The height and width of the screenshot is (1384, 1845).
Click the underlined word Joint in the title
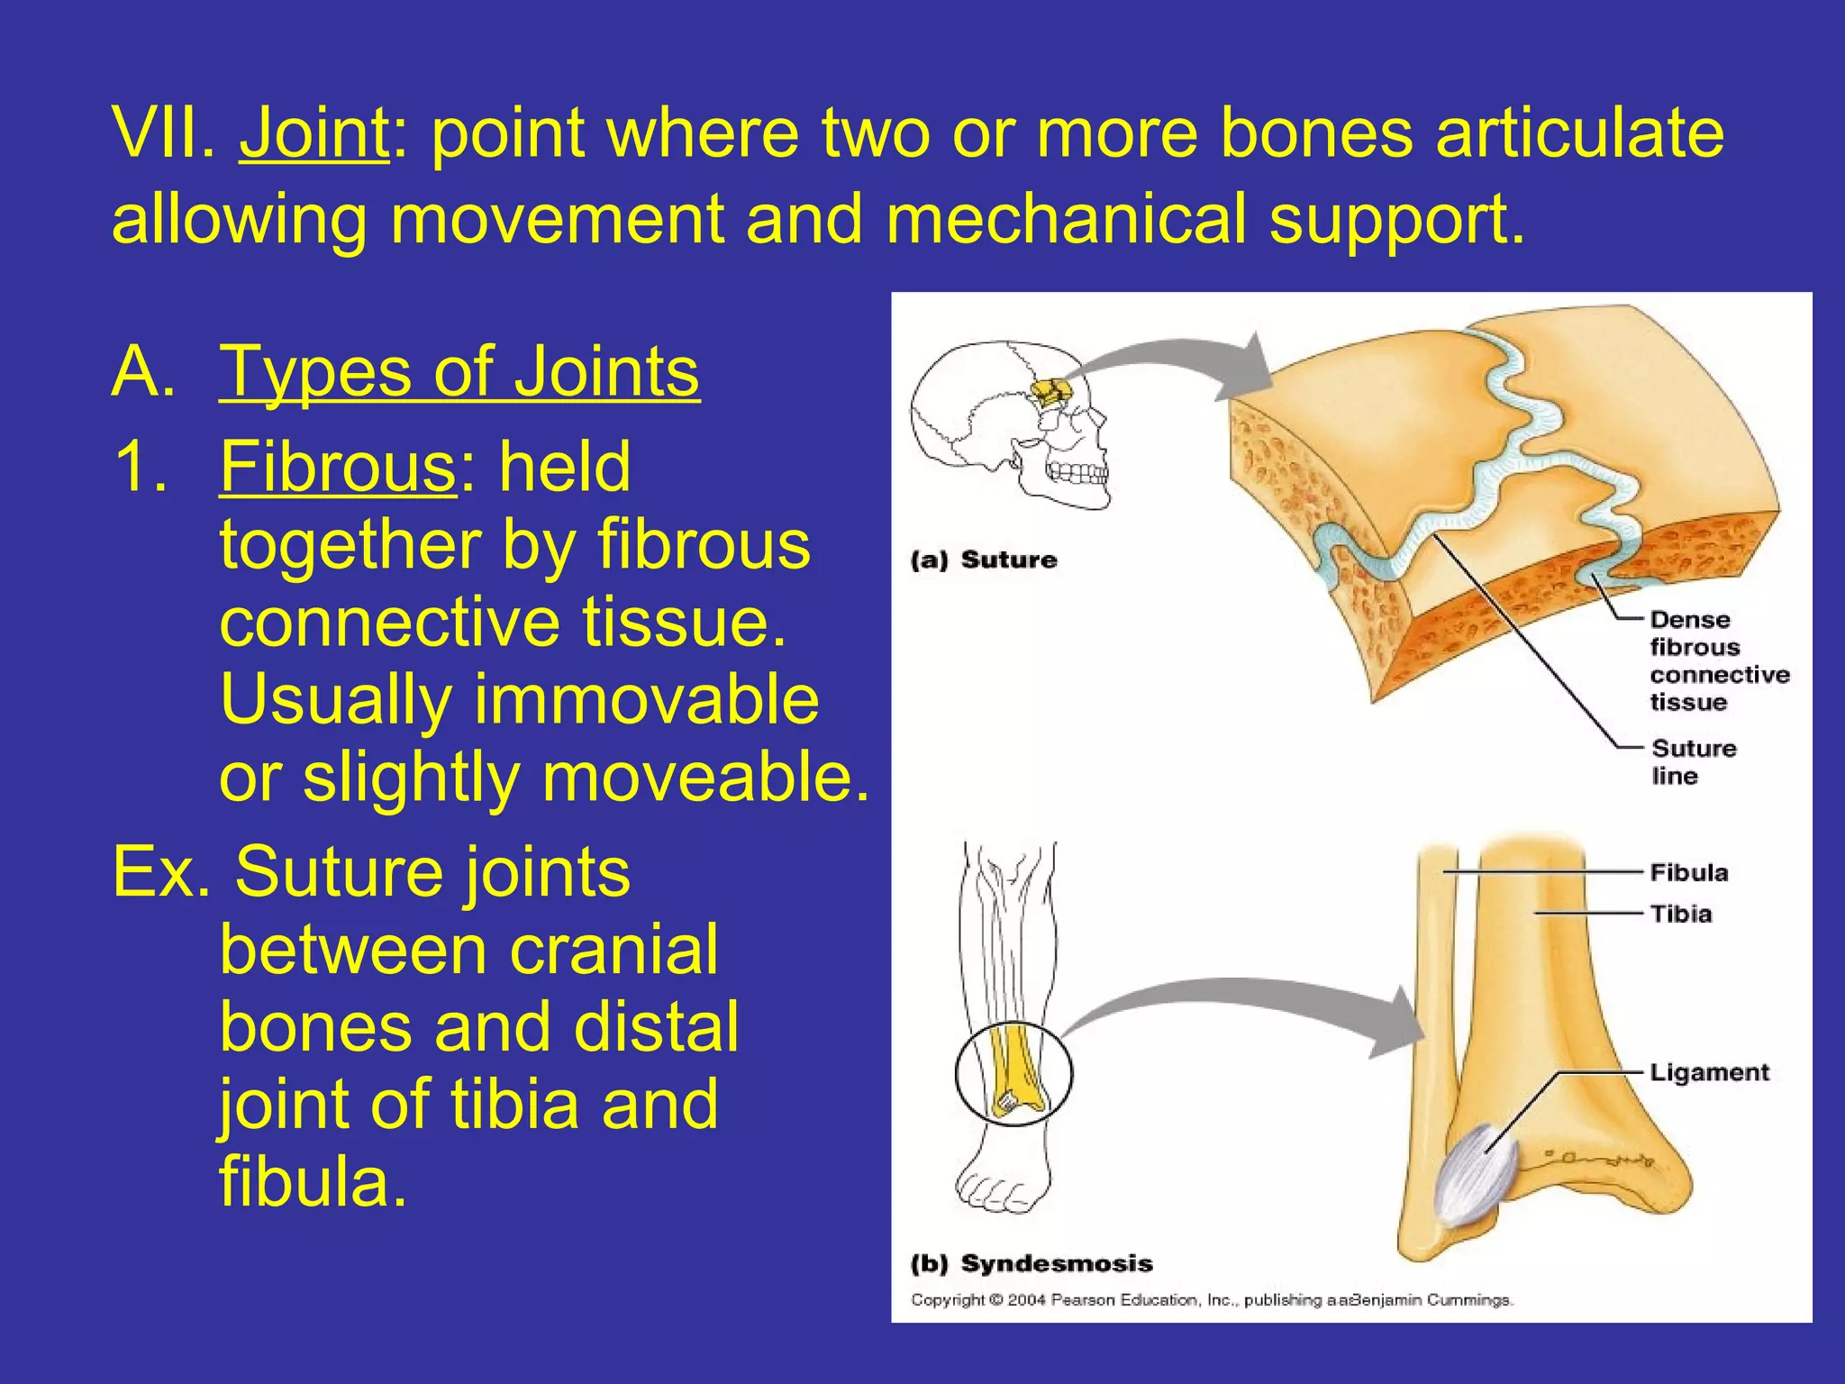(314, 133)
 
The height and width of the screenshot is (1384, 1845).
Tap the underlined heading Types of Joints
(459, 371)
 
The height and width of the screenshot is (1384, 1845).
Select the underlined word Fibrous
(338, 467)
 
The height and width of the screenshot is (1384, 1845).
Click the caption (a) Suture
(984, 560)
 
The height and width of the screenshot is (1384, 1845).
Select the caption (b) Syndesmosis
(1032, 1263)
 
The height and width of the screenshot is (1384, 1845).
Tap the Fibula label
(1688, 872)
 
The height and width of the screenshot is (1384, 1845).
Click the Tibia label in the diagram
(1680, 914)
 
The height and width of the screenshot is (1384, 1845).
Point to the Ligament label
(1709, 1072)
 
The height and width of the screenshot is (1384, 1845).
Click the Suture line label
(1693, 762)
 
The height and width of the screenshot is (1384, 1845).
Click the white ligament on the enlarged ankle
(1475, 1175)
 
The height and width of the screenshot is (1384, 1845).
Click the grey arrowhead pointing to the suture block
(1248, 367)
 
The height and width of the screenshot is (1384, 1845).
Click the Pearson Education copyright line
(1212, 1300)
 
